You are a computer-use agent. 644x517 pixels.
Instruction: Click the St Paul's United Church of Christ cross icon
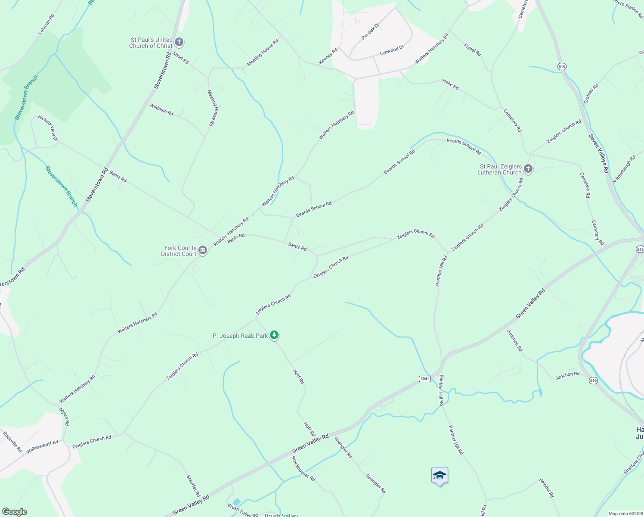(180, 42)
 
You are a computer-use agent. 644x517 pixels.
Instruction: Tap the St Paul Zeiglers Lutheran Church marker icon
(528, 169)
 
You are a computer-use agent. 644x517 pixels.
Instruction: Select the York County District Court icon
(203, 250)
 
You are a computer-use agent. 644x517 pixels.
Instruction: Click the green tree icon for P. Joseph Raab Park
(274, 335)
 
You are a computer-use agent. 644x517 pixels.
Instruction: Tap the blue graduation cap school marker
(440, 476)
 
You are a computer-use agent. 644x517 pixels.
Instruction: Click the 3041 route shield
(424, 379)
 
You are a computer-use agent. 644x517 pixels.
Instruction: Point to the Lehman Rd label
(46, 25)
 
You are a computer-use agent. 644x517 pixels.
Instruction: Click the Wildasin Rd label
(161, 109)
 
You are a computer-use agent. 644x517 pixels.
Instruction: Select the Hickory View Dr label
(48, 128)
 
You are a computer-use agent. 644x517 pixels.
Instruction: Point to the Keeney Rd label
(328, 56)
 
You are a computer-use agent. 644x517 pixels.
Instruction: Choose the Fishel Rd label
(472, 50)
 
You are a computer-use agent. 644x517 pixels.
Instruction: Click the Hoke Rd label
(451, 84)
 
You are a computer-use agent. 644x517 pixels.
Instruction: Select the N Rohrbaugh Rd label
(623, 169)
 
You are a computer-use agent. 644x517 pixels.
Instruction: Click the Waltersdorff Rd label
(42, 447)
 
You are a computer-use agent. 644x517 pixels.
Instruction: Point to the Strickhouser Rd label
(303, 469)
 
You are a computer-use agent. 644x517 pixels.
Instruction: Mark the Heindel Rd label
(546, 488)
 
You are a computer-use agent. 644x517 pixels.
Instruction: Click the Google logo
(15, 512)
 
